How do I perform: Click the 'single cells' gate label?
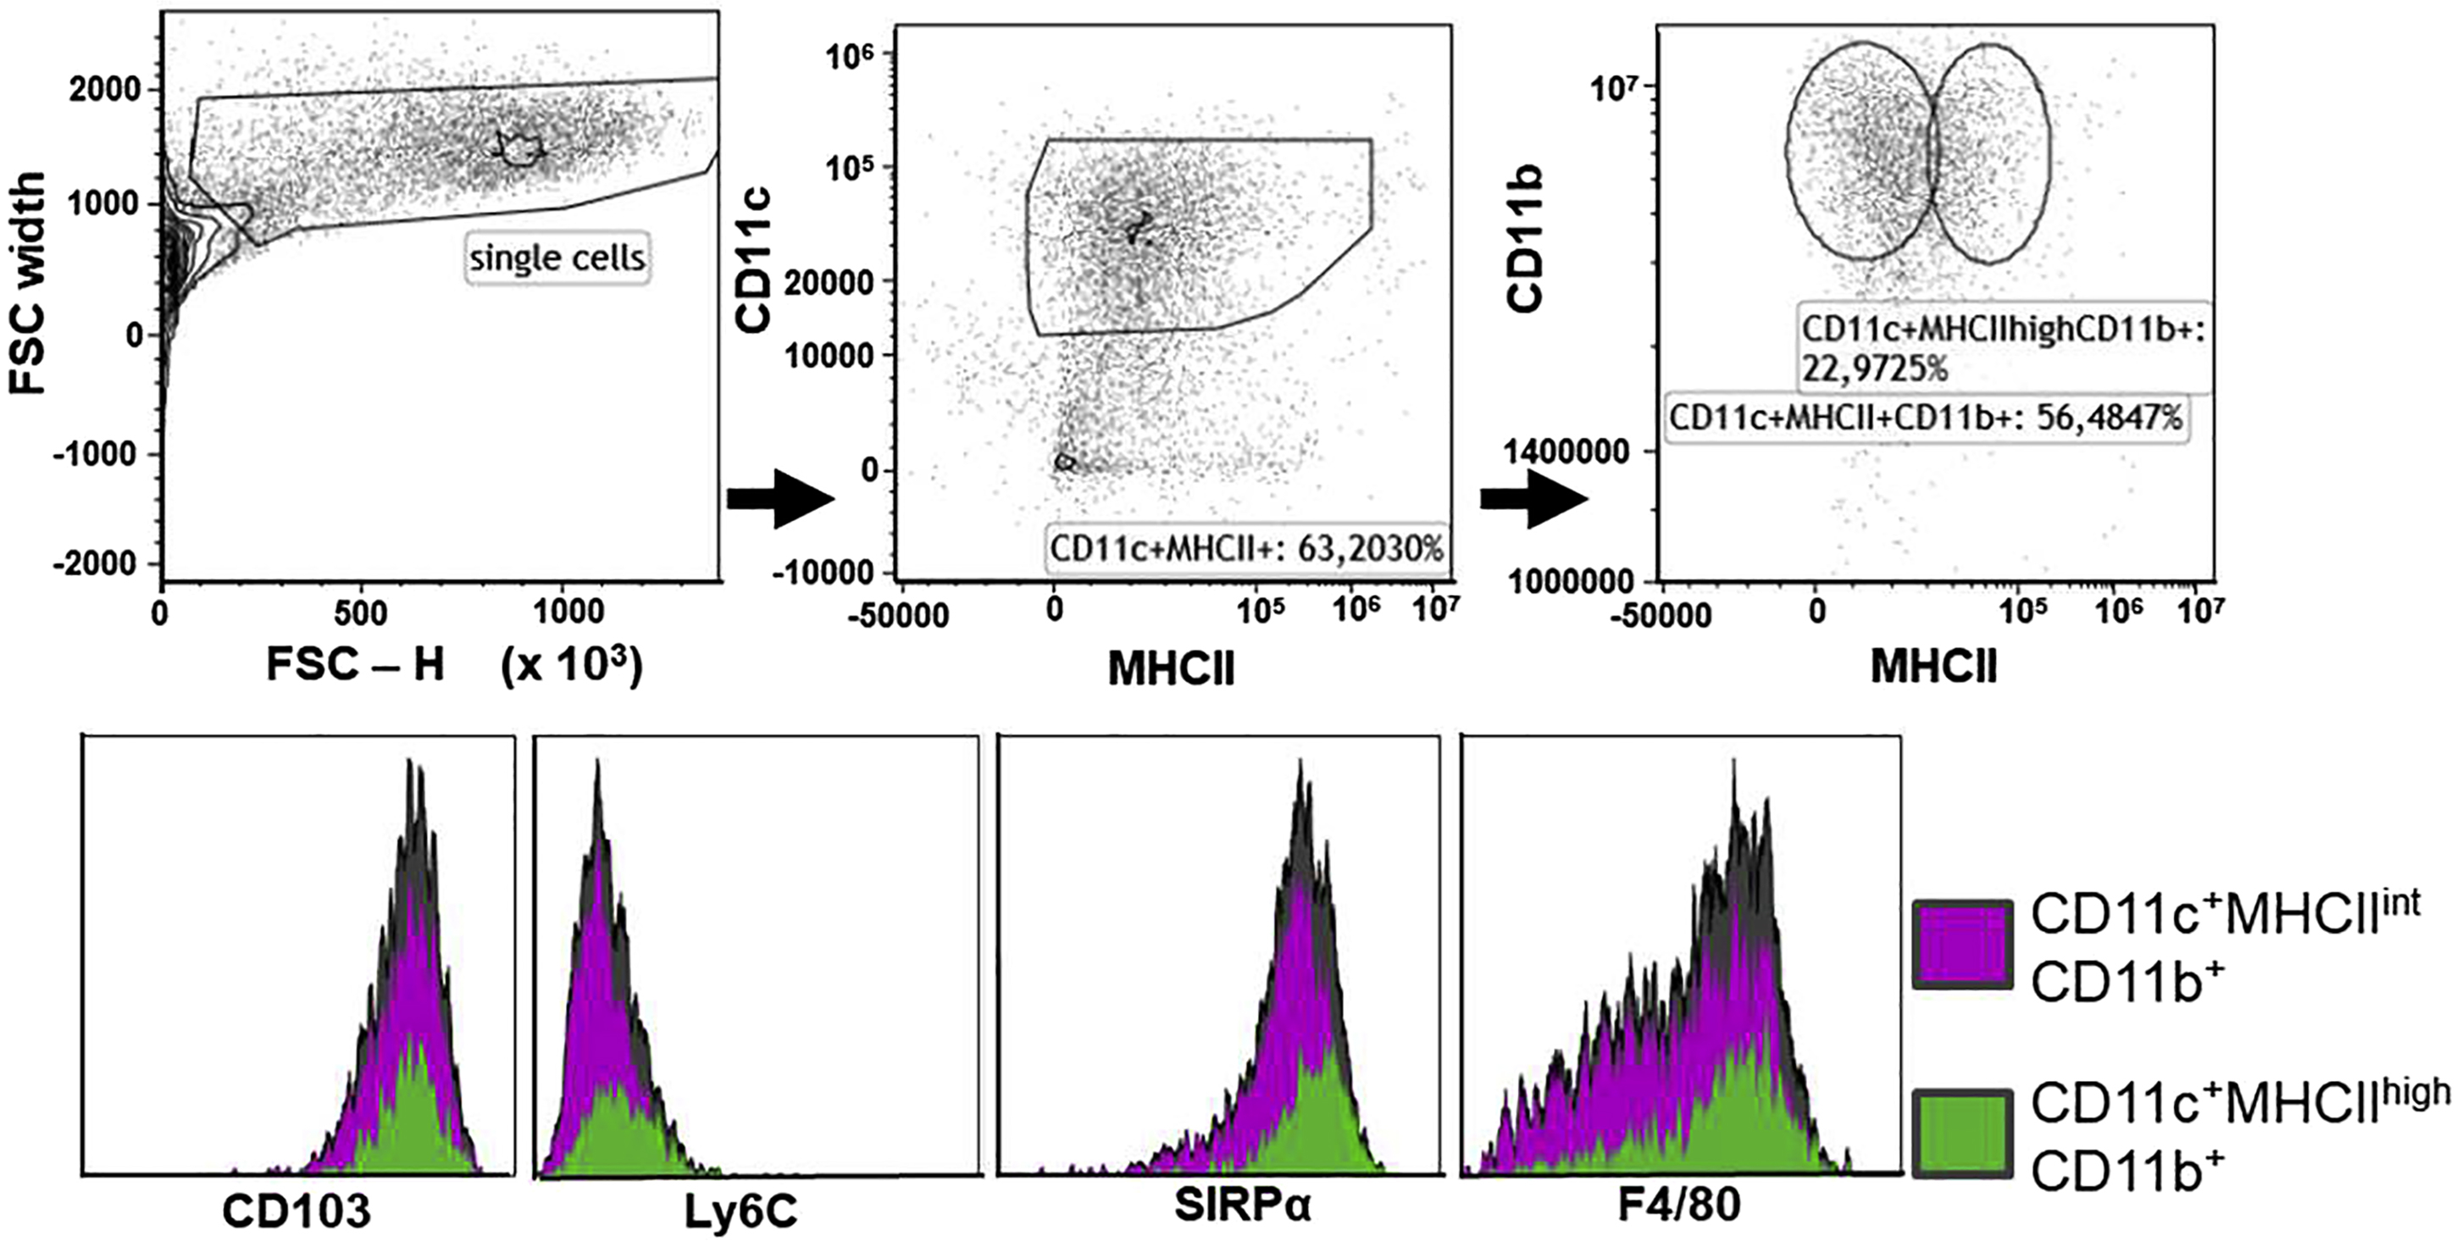[x=557, y=258]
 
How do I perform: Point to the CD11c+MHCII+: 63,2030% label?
[x=1246, y=549]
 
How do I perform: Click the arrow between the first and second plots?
[x=781, y=499]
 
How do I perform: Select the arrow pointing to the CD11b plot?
[x=1533, y=499]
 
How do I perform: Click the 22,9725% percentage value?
[x=1873, y=369]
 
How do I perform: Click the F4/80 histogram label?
[x=1679, y=1206]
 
